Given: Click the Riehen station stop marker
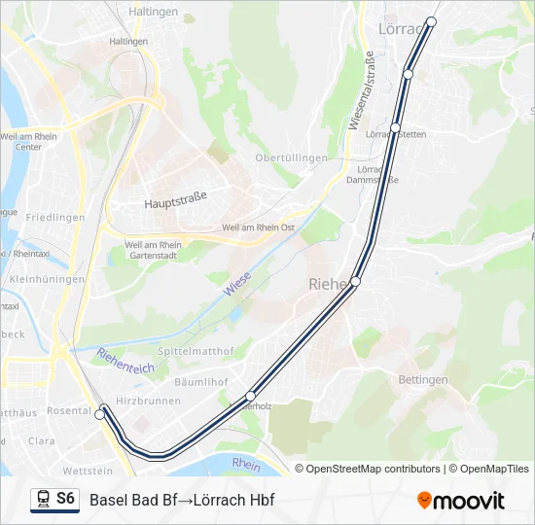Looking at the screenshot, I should (x=356, y=281).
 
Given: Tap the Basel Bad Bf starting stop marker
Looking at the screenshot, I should (x=99, y=415).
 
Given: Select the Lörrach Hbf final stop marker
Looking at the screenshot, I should (x=432, y=21).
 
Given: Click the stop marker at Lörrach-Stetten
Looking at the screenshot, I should (x=396, y=127).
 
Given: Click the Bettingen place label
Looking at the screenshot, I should (x=423, y=379).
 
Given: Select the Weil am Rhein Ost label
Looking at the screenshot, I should (x=259, y=227).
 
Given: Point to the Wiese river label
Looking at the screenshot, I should (x=236, y=284).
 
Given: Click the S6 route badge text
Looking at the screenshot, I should (x=65, y=499).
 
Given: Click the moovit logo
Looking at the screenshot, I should (x=461, y=501).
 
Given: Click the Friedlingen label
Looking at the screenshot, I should (x=55, y=218).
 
